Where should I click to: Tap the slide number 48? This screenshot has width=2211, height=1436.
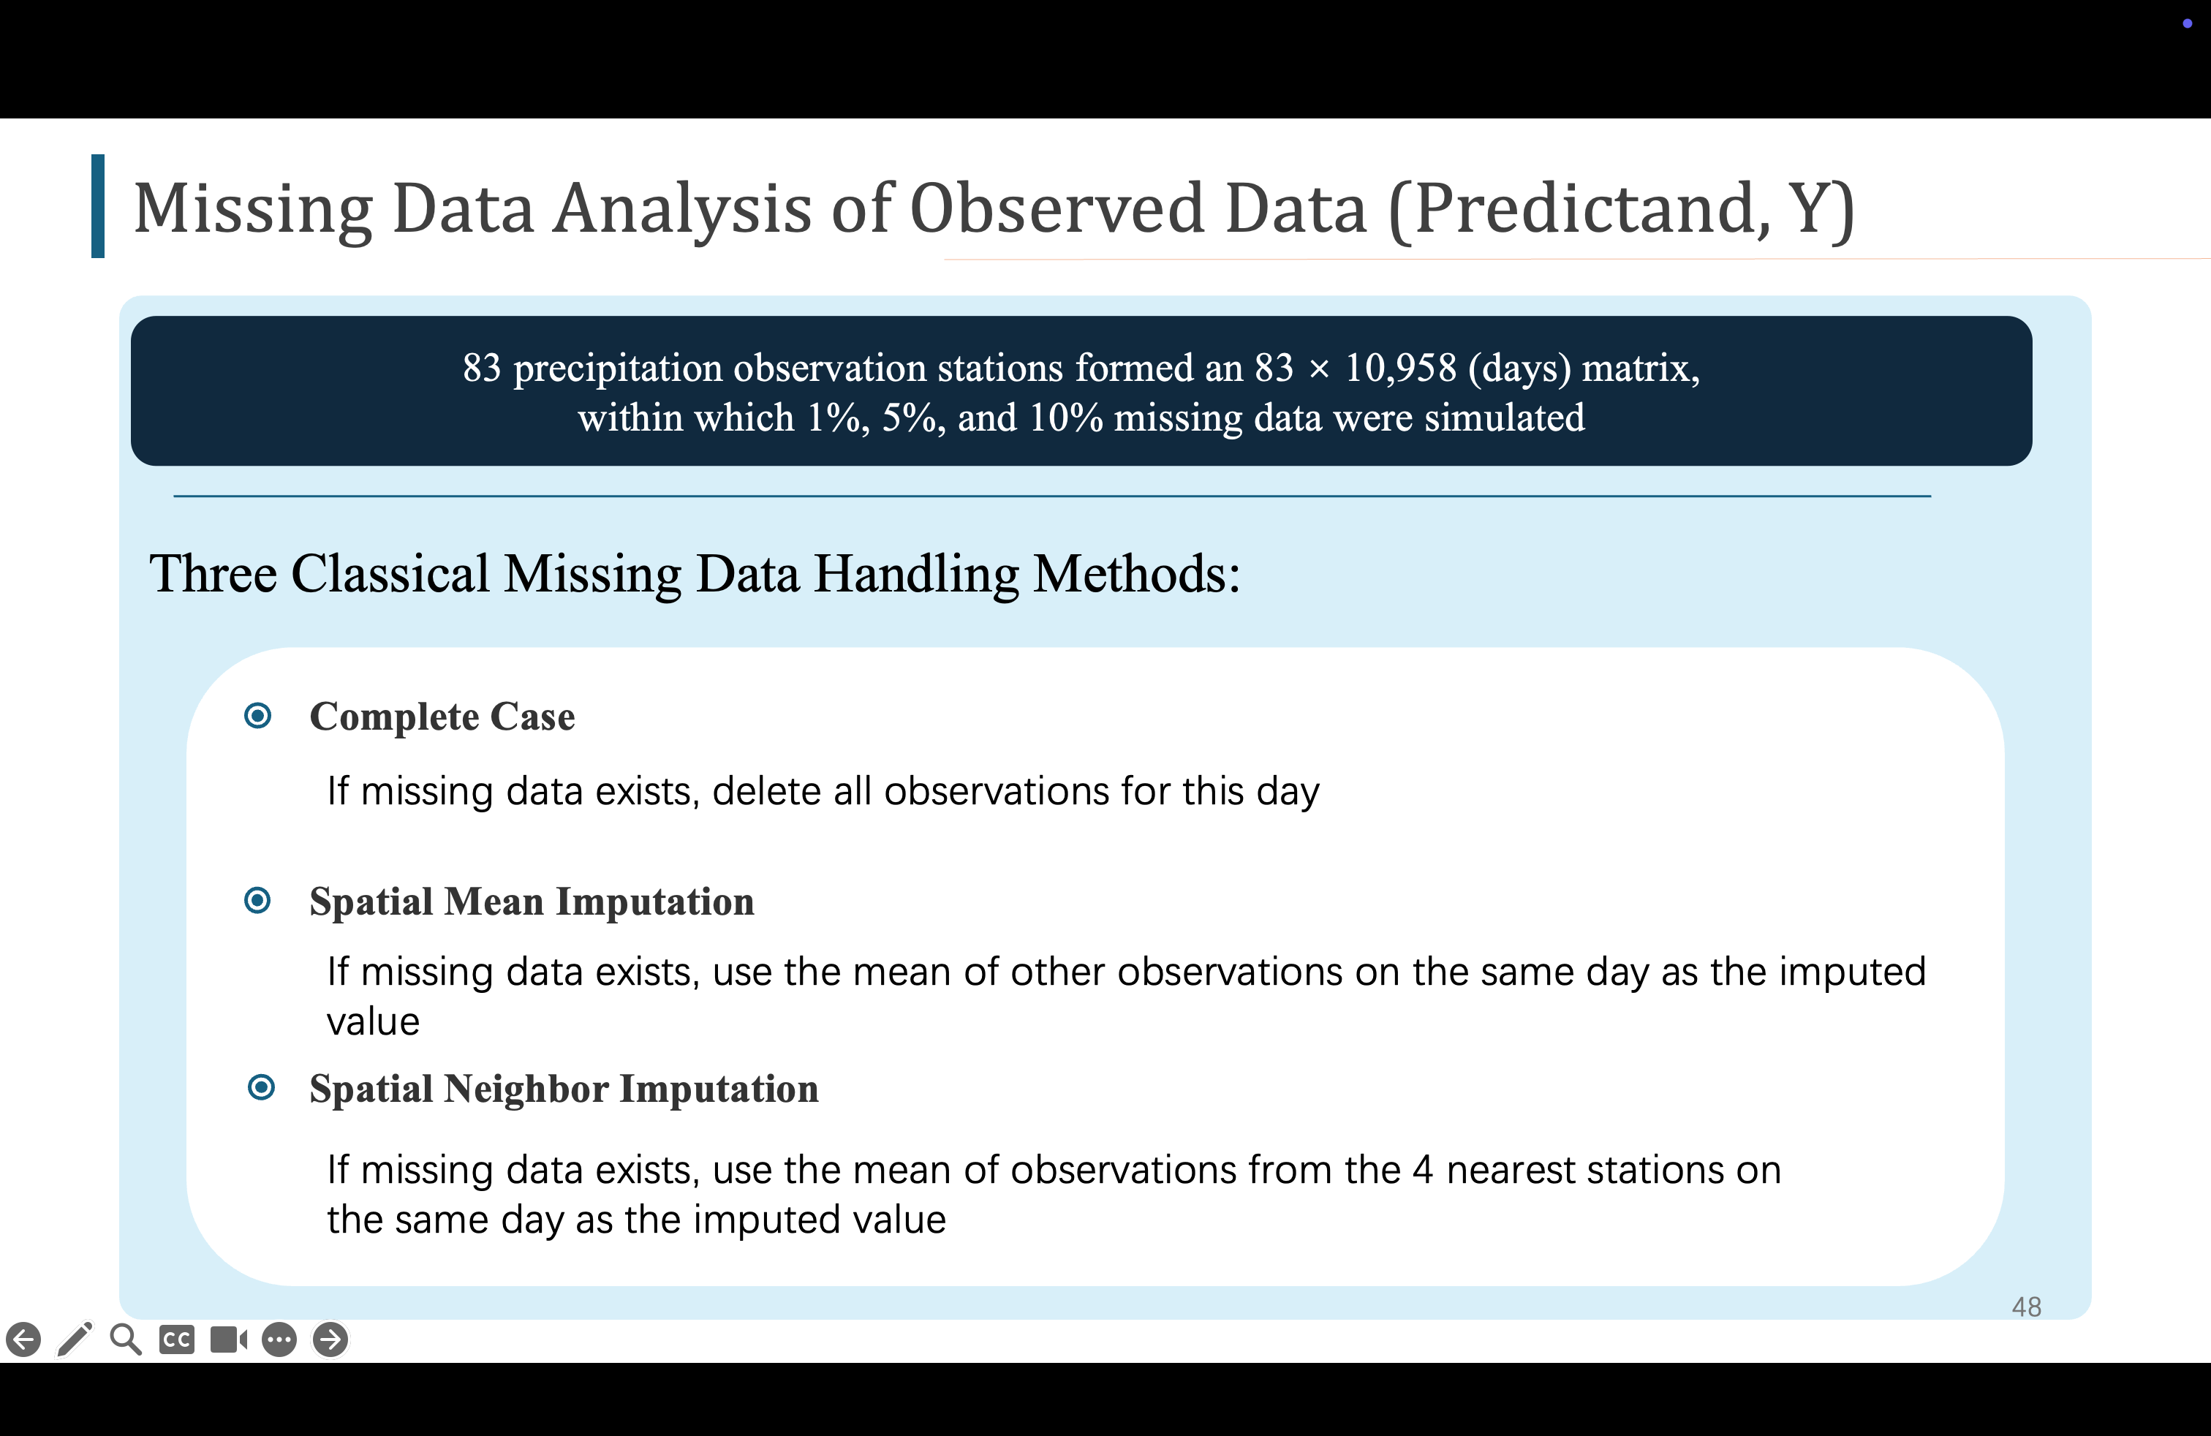click(x=2026, y=1307)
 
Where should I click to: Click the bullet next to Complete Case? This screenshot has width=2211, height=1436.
click(x=257, y=715)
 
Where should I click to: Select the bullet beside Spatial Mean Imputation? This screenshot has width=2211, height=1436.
click(x=257, y=900)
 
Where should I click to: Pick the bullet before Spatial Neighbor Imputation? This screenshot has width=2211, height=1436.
click(x=262, y=1087)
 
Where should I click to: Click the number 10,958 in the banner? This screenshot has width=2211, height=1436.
click(x=1401, y=368)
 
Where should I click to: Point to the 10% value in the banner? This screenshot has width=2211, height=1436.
click(x=1065, y=418)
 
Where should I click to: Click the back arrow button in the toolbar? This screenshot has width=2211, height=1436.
click(x=23, y=1339)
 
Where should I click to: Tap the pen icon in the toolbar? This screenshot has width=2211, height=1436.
click(x=75, y=1339)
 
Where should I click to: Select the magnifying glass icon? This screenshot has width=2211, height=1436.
click(x=126, y=1339)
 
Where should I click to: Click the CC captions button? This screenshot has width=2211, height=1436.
click(x=176, y=1339)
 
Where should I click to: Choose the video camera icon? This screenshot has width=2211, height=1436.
click(x=229, y=1339)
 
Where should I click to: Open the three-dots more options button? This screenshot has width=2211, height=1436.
click(x=279, y=1339)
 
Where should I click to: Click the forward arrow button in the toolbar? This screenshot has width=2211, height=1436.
click(x=330, y=1339)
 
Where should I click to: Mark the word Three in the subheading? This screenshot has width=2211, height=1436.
click(x=213, y=574)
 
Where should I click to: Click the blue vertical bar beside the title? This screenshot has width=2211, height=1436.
click(x=97, y=206)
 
